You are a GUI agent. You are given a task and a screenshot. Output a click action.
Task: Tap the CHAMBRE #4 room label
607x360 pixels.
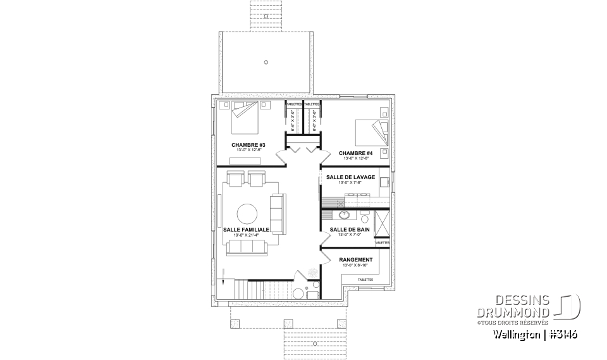[355, 153]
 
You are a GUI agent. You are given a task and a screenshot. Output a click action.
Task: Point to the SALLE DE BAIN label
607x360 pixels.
[346, 229]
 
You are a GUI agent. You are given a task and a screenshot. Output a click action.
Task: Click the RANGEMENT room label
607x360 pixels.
[355, 259]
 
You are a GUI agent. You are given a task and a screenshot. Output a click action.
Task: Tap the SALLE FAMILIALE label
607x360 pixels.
[247, 229]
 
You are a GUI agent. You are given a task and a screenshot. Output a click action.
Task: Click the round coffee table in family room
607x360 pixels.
[247, 213]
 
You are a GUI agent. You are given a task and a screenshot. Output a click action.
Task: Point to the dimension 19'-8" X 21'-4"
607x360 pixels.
[247, 235]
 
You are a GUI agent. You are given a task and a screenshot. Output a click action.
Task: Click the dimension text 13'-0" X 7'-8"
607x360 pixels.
[350, 183]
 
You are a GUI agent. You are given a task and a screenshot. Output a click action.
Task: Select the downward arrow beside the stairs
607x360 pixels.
[223, 273]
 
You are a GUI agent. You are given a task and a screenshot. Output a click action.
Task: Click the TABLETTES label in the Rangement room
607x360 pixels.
[365, 279]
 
